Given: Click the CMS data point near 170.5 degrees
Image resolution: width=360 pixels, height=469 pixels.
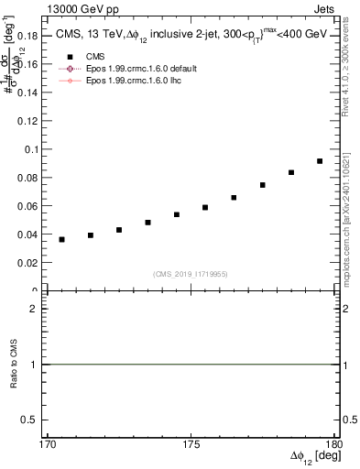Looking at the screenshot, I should (x=61, y=239).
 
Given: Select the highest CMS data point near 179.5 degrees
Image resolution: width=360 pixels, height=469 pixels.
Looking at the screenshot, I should (x=320, y=161).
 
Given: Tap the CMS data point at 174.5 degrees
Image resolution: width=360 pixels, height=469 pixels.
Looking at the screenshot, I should (x=177, y=214).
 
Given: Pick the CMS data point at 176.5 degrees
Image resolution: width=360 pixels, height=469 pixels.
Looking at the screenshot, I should (x=234, y=197).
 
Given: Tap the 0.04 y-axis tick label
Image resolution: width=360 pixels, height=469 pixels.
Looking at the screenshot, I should (x=30, y=234).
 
